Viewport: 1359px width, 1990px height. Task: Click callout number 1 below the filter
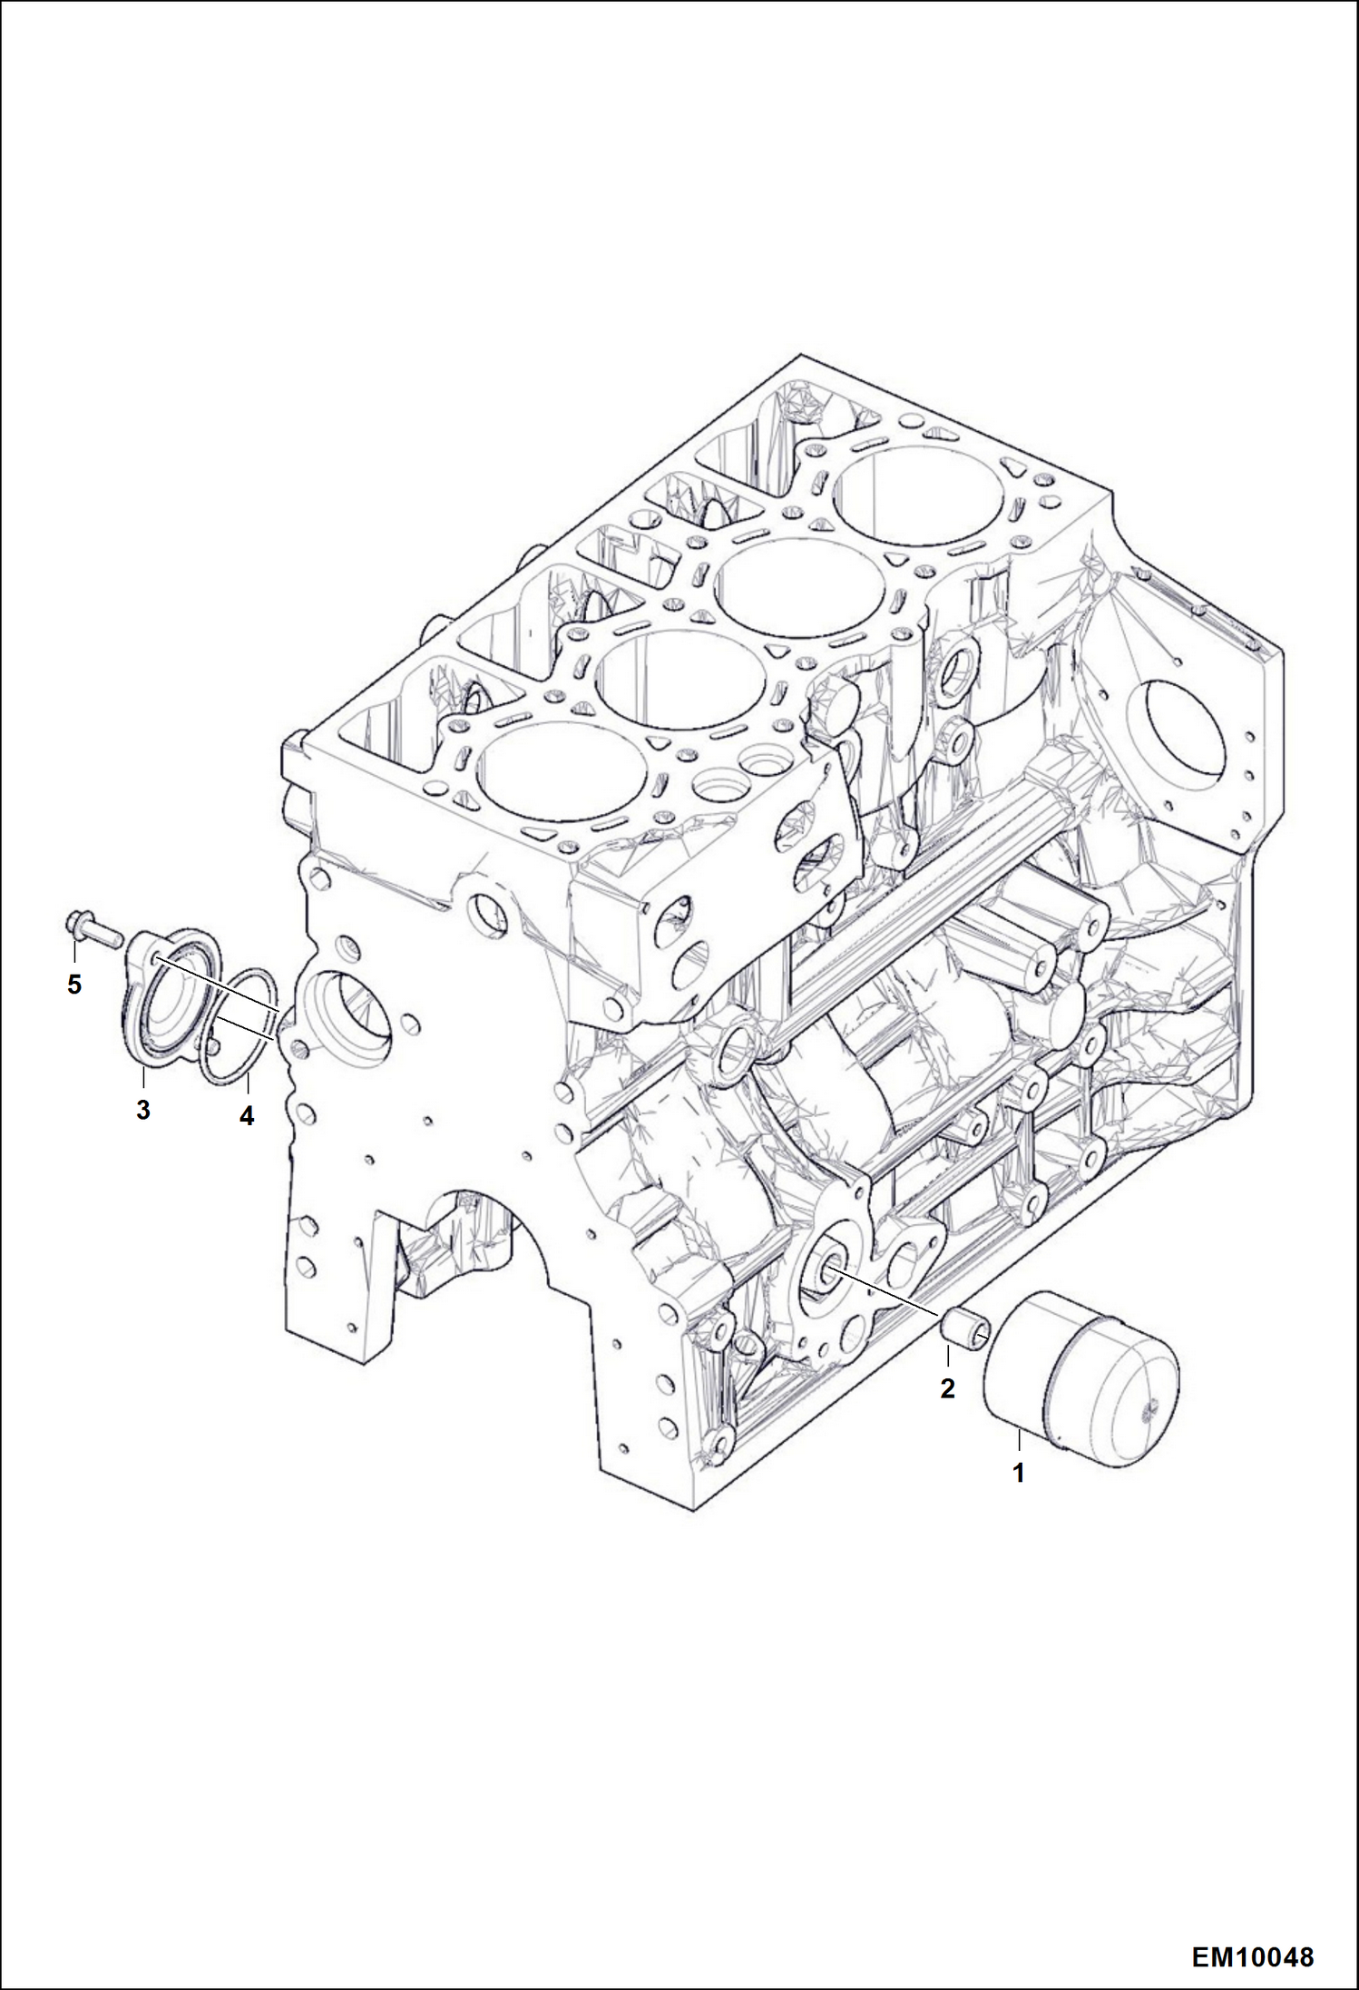[x=1019, y=1474]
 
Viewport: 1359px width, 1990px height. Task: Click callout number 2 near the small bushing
[x=947, y=1388]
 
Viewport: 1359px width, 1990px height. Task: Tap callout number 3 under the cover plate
[x=143, y=1110]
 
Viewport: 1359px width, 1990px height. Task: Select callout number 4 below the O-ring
[x=247, y=1117]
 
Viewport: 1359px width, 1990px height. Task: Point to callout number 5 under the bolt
[x=74, y=984]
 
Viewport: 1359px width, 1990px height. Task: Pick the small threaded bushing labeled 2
[x=966, y=1329]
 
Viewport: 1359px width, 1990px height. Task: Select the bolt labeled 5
[x=92, y=927]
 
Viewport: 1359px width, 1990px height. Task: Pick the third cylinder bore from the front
[x=799, y=586]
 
